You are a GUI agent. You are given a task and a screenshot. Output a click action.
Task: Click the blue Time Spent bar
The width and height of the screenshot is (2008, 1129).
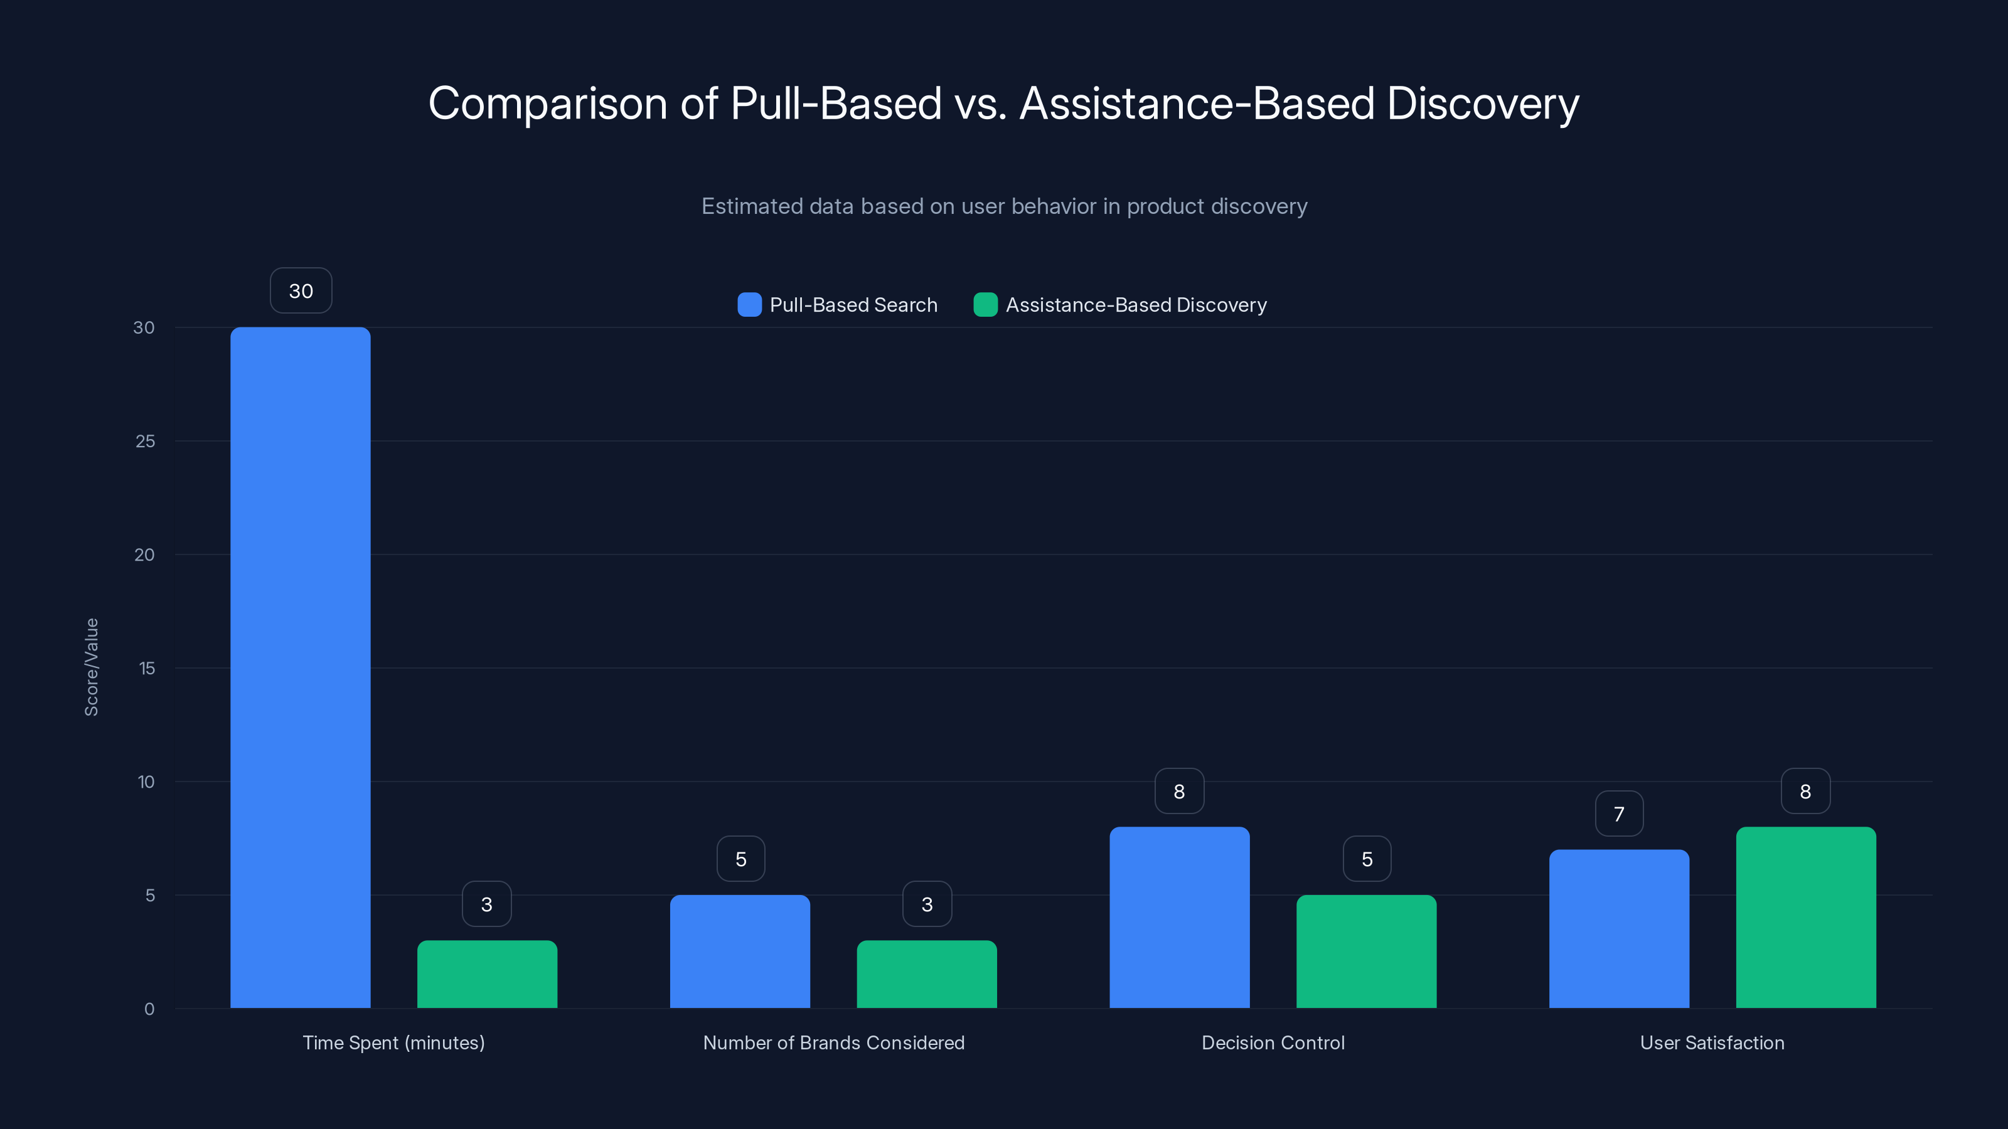click(x=300, y=667)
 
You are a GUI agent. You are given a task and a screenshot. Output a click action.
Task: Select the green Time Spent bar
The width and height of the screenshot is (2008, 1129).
click(x=487, y=974)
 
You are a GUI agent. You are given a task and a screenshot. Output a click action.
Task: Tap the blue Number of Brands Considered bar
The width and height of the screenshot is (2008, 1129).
click(x=740, y=951)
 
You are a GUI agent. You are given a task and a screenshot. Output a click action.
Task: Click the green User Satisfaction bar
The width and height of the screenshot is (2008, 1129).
click(x=1805, y=917)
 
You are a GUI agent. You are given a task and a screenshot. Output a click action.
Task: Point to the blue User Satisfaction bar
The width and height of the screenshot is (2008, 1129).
click(x=1618, y=929)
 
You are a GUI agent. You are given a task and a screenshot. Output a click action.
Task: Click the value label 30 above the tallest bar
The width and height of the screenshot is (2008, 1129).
click(x=301, y=290)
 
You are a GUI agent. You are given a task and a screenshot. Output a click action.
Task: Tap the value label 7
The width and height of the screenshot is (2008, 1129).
click(x=1619, y=814)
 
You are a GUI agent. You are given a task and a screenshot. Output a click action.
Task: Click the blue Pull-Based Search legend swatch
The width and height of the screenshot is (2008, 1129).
click(x=749, y=305)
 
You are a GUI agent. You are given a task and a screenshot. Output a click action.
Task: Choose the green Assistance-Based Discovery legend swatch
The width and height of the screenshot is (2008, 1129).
click(x=985, y=305)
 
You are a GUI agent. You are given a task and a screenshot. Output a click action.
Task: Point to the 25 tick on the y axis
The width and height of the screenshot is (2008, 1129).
click(x=145, y=441)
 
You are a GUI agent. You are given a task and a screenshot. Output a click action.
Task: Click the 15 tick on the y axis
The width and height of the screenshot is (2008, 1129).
click(x=147, y=668)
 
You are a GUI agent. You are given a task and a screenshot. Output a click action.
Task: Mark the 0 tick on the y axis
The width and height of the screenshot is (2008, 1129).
click(x=149, y=1009)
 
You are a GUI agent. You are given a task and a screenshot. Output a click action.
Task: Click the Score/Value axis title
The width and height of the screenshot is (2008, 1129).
click(x=91, y=667)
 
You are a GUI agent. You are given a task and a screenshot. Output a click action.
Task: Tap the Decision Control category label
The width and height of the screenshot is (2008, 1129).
click(x=1273, y=1042)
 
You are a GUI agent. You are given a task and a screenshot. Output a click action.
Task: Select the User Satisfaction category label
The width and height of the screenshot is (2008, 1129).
click(x=1712, y=1042)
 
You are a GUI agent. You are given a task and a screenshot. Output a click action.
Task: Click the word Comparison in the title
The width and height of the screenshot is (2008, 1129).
click(x=547, y=103)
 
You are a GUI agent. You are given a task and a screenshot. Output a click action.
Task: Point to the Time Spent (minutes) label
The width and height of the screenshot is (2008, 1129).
click(x=393, y=1042)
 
